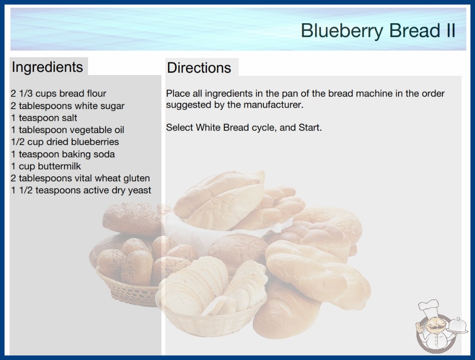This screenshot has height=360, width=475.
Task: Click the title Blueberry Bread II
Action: click(378, 30)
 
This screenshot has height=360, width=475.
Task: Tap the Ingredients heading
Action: click(47, 67)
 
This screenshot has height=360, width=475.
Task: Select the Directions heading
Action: click(199, 68)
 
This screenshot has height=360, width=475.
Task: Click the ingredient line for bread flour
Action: click(59, 94)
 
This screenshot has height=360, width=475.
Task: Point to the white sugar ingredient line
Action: click(68, 106)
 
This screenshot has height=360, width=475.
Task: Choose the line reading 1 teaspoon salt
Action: click(44, 118)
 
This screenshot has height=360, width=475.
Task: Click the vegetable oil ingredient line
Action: click(68, 130)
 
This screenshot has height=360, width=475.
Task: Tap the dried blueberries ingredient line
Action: click(65, 142)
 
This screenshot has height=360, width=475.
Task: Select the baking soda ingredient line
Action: click(63, 154)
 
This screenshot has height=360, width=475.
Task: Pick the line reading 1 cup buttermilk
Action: click(46, 166)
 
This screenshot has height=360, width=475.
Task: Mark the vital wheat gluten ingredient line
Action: click(80, 178)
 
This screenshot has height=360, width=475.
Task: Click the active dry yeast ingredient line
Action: click(81, 190)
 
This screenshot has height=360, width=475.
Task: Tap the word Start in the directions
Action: click(310, 127)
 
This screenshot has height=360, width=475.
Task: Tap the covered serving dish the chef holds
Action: click(458, 326)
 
